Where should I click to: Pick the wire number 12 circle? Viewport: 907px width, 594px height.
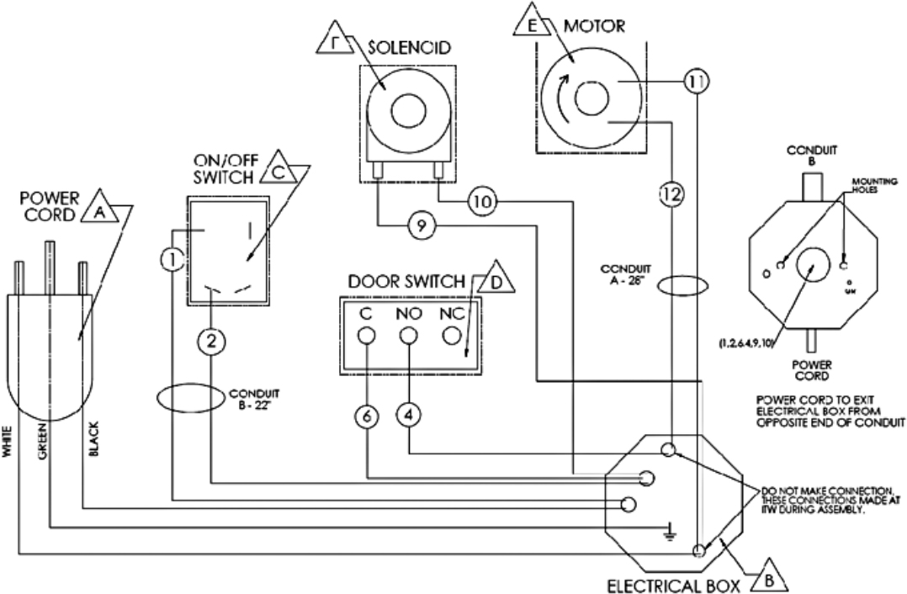[671, 194]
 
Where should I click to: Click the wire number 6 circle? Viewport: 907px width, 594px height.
[367, 417]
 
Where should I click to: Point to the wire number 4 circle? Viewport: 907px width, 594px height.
[409, 417]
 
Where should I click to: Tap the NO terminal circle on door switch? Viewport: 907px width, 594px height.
[409, 336]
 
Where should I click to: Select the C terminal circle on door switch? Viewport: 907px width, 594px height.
[367, 336]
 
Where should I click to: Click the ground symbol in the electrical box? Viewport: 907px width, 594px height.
[669, 530]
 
